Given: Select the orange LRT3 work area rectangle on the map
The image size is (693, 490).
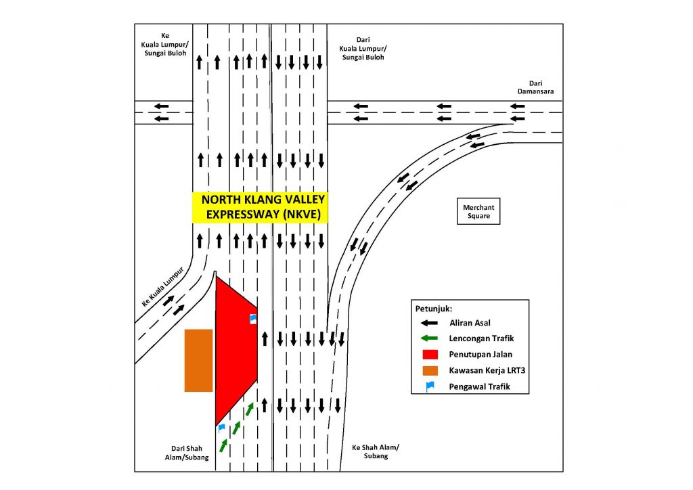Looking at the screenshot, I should pyautogui.click(x=198, y=360).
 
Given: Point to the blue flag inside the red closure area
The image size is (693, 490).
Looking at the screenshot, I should pyautogui.click(x=253, y=318).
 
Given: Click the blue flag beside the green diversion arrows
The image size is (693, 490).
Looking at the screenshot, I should pyautogui.click(x=221, y=428).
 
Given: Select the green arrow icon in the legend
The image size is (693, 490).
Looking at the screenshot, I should pyautogui.click(x=430, y=338).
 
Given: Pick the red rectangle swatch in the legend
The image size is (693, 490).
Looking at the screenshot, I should pyautogui.click(x=430, y=355).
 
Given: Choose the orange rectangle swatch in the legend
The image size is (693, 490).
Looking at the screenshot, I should pyautogui.click(x=430, y=370).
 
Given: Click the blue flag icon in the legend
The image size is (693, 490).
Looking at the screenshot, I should pyautogui.click(x=430, y=386).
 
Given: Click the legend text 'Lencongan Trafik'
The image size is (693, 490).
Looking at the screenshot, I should pyautogui.click(x=477, y=338).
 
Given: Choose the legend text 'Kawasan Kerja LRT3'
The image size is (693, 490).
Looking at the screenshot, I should pyautogui.click(x=484, y=370).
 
